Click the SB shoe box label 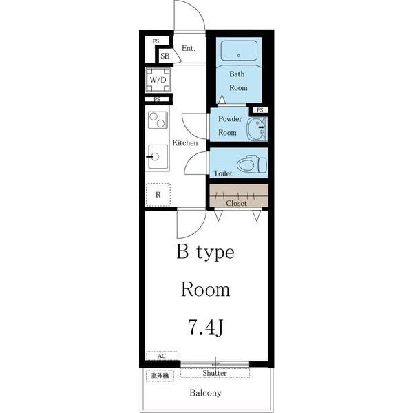pos(165,56)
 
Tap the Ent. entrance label pos(189,48)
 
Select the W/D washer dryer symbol pos(158,80)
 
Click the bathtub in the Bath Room pos(239,51)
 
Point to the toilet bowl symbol pos(252,164)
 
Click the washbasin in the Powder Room pos(257,129)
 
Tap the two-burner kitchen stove pos(158,120)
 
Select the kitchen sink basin pos(158,157)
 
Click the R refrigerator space pos(158,195)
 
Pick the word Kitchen pos(185,142)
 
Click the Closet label pos(236,203)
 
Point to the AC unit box pos(162,356)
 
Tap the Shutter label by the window pos(215,373)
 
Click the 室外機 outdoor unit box pos(160,376)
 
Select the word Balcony pos(205,393)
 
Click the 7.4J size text pos(205,327)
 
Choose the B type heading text pos(205,252)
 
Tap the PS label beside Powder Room pos(260,110)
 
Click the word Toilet pos(223,173)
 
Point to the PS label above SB pos(156,41)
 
